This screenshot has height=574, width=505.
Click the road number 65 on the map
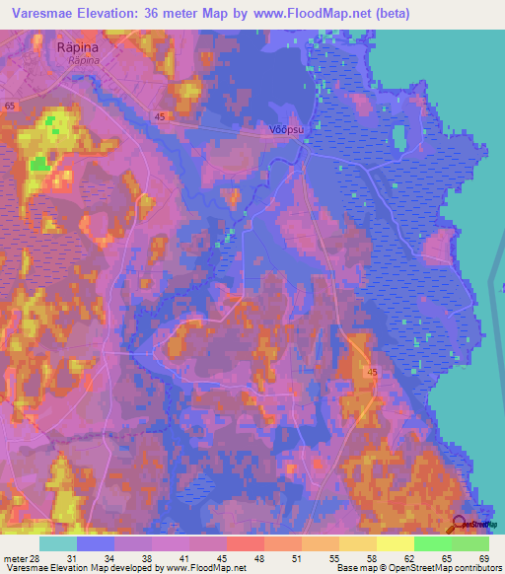[10, 105]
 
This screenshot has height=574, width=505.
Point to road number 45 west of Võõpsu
[159, 116]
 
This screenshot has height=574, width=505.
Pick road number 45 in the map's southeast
[371, 372]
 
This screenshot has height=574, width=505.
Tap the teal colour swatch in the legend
[58, 543]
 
